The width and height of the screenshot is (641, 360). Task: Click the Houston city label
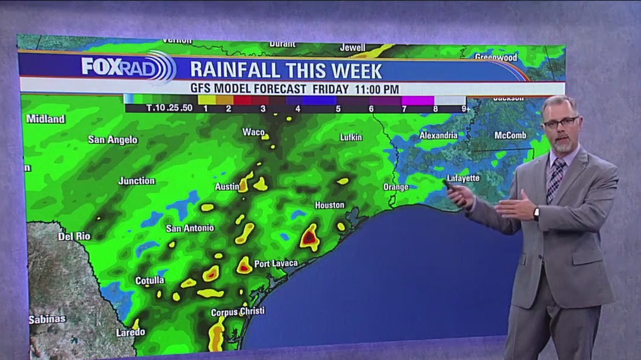329,205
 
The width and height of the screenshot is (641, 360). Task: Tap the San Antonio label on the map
190,228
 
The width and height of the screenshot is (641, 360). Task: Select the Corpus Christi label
237,311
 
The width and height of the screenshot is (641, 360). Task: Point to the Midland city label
46,119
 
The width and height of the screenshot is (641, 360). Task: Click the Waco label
253,132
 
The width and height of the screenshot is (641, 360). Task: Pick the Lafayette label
463,178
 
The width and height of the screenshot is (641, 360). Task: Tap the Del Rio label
74,237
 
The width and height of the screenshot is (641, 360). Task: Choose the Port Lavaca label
276,263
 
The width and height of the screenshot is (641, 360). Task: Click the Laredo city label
131,333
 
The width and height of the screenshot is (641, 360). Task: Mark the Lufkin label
351,138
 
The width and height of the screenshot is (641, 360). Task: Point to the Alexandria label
439,136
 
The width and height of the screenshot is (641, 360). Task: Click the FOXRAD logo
128,67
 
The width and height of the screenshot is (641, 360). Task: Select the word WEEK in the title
356,71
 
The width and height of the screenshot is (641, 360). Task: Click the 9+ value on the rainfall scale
467,109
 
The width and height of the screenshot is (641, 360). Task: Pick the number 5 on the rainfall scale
338,109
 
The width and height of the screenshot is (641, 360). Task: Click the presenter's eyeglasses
560,122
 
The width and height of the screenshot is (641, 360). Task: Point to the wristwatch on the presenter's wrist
536,214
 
